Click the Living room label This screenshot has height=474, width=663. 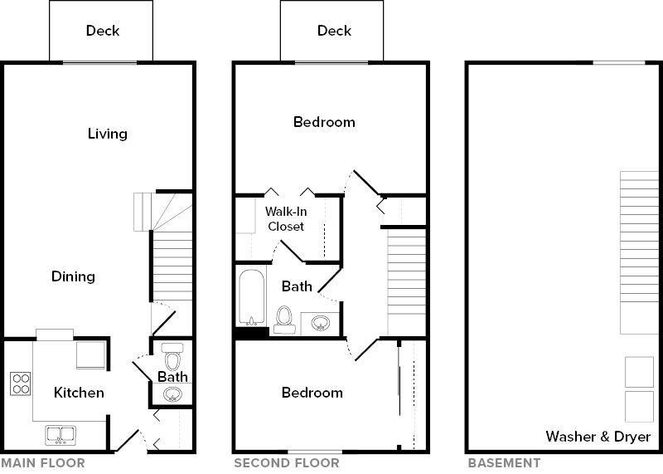[x=108, y=134]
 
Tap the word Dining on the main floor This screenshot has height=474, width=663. [x=73, y=276]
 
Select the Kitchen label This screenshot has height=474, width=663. [x=80, y=392]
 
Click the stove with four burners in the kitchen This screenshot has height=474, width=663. [x=21, y=384]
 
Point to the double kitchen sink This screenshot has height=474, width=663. [x=60, y=433]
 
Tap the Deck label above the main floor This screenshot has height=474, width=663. [x=103, y=31]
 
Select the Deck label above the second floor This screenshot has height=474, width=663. [x=335, y=31]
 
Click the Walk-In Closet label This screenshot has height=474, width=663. [x=285, y=219]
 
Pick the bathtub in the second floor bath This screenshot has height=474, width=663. [x=249, y=298]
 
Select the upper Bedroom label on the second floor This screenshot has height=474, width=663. [x=324, y=122]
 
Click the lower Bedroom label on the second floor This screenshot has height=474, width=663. [x=312, y=392]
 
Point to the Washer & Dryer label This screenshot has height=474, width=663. [x=598, y=437]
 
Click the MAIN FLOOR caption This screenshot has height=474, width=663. [x=42, y=463]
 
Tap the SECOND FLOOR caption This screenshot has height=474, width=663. [x=286, y=463]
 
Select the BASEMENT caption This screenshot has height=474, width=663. [x=505, y=463]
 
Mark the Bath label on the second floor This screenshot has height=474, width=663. [x=297, y=286]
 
